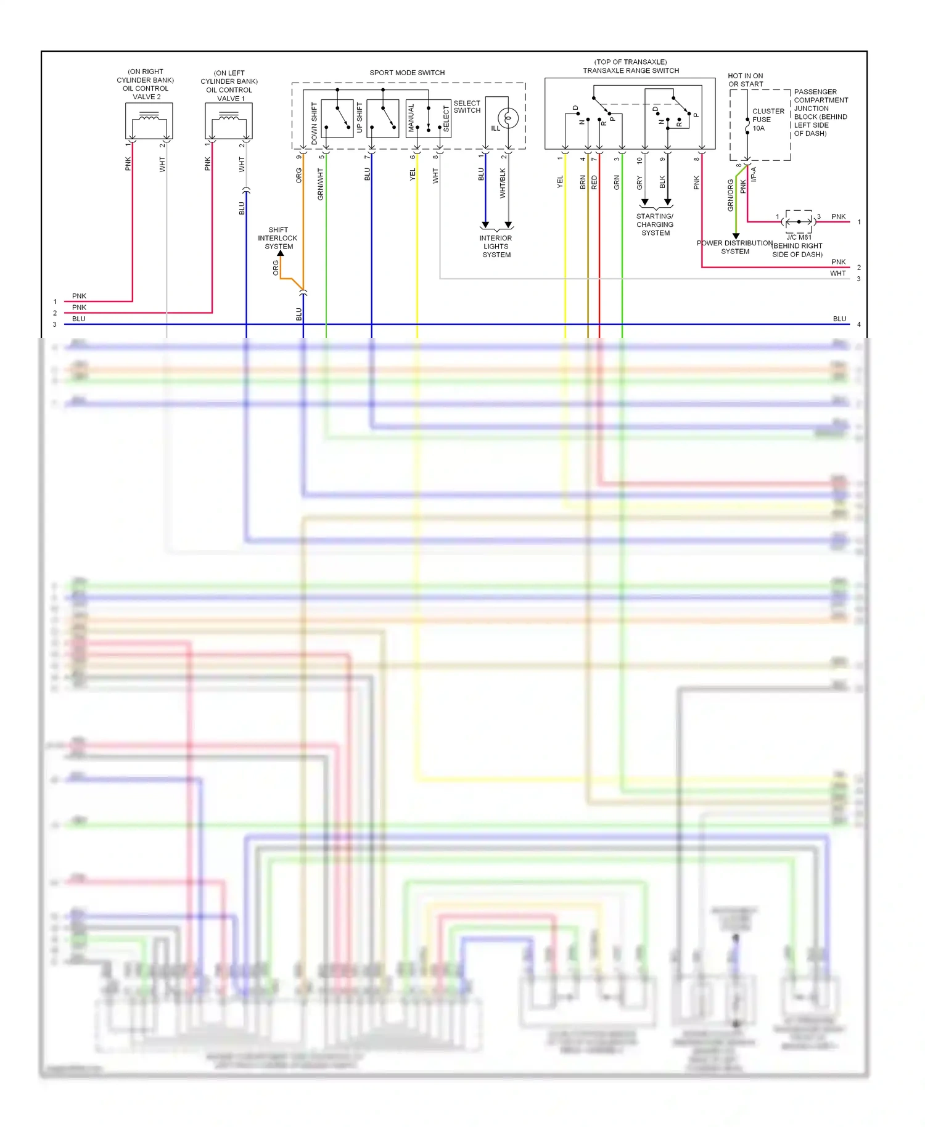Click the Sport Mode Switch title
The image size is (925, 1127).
[407, 73]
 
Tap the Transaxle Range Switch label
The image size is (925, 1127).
[631, 70]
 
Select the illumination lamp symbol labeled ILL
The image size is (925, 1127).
[508, 118]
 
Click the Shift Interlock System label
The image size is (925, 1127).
[277, 238]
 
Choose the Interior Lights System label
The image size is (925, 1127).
[496, 246]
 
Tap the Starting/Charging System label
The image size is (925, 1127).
[655, 224]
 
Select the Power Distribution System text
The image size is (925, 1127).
[734, 247]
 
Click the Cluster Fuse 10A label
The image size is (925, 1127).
[767, 120]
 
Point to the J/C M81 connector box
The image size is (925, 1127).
[799, 221]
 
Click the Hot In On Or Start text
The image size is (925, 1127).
[745, 80]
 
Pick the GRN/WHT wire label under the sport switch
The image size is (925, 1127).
[321, 184]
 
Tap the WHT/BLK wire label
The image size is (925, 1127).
[503, 183]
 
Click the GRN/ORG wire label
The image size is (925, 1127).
[731, 195]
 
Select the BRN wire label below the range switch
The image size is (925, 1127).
[583, 182]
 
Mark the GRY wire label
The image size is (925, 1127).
[639, 182]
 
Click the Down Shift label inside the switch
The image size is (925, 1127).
[314, 123]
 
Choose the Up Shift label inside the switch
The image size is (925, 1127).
[360, 117]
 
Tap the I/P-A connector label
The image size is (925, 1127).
[754, 174]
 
